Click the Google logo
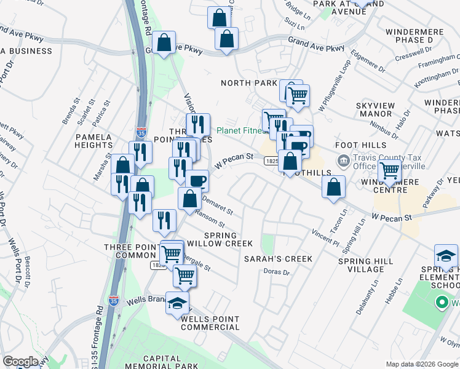20,362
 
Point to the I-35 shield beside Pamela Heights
140,132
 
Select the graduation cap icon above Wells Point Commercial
177,303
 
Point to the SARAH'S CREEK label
278,259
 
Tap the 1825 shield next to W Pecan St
271,161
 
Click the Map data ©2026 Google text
422,363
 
